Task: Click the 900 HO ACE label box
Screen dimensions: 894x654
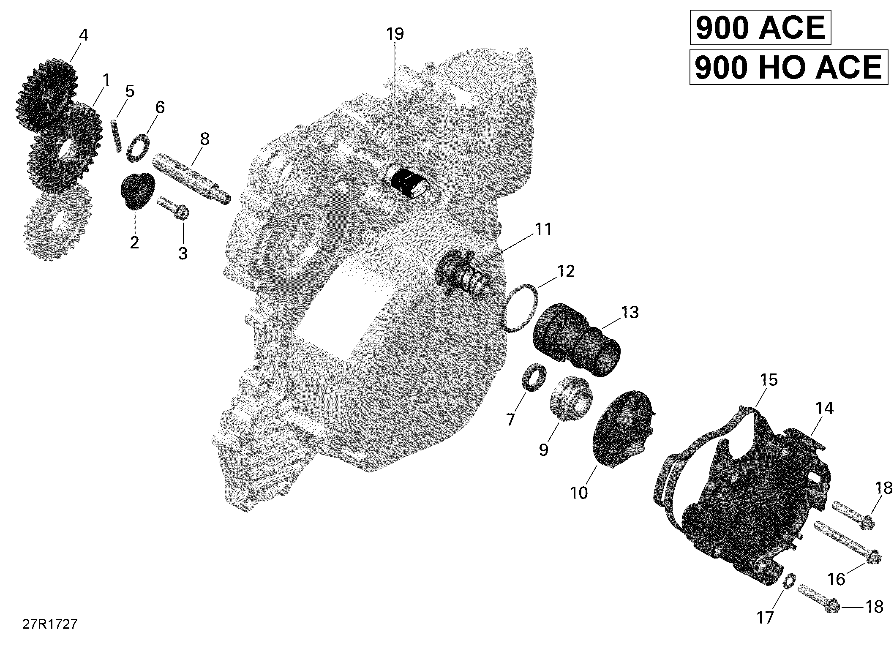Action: point(788,67)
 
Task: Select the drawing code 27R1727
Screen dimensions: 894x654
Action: point(50,624)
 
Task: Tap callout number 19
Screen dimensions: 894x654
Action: point(395,34)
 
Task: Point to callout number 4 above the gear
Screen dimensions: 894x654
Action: point(84,35)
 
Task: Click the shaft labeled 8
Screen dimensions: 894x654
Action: point(192,179)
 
